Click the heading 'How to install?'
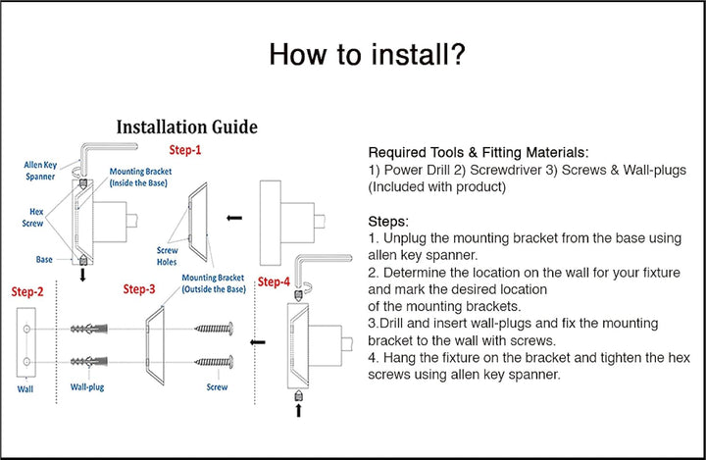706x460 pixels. (367, 55)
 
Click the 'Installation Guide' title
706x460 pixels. (187, 128)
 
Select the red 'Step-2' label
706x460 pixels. (27, 291)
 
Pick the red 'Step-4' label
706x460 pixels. (274, 282)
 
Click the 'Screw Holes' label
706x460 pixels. (168, 254)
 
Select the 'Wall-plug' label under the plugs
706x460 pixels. (88, 387)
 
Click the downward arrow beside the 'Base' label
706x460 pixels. (82, 276)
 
